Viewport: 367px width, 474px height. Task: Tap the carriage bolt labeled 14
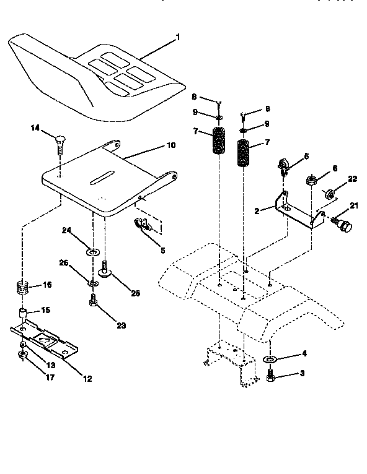(59, 140)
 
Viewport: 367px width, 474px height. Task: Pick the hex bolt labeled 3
(271, 375)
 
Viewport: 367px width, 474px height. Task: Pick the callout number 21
(355, 205)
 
